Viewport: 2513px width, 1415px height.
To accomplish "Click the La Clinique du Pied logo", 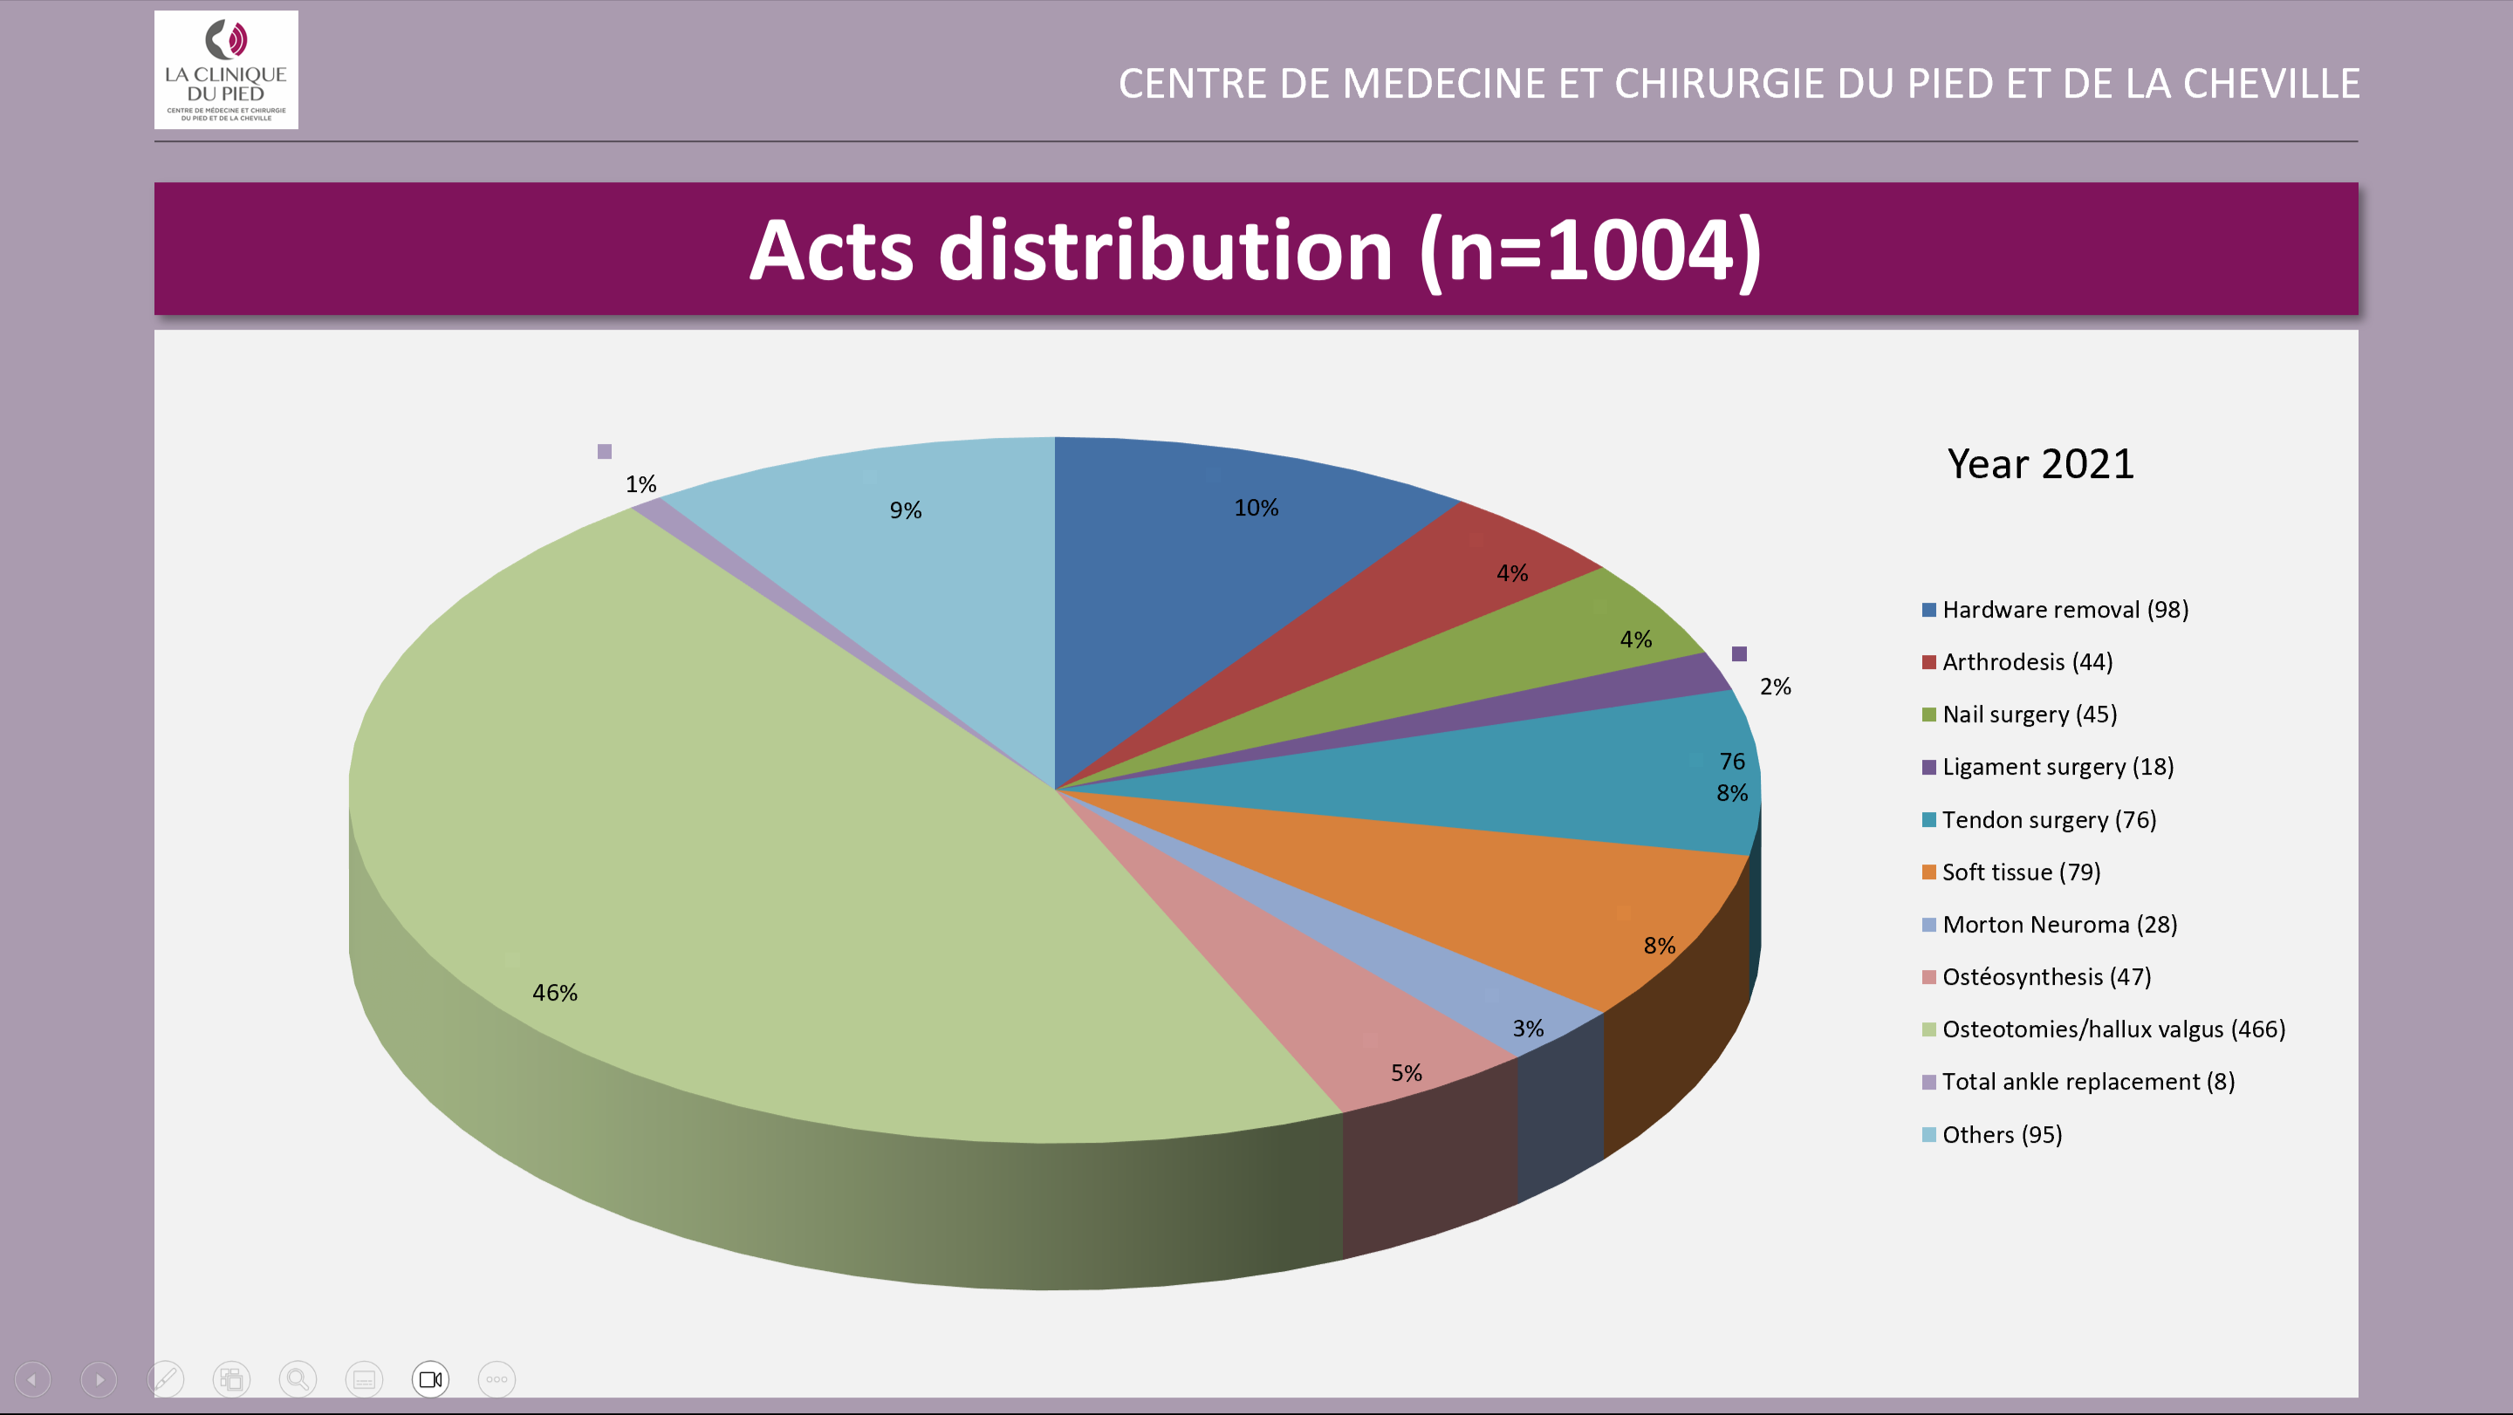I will point(226,70).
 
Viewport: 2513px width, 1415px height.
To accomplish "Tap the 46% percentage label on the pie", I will point(554,993).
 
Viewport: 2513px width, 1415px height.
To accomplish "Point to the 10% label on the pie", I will point(1256,508).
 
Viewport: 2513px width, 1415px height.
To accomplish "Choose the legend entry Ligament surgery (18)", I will point(2057,767).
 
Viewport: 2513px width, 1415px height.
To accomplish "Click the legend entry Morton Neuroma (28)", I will point(2058,925).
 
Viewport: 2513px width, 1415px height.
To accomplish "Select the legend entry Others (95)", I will point(2001,1135).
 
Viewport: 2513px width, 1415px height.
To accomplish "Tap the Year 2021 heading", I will point(2040,464).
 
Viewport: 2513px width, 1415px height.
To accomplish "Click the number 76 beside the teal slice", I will point(1731,762).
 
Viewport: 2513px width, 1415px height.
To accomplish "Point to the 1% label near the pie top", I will point(641,485).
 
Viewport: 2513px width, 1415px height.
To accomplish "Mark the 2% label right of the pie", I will point(1775,687).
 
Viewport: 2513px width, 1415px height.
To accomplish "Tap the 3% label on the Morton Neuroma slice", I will point(1528,1029).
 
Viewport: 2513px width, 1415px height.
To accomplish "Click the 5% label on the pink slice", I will point(1406,1073).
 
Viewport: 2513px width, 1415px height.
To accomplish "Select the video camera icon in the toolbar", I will point(430,1379).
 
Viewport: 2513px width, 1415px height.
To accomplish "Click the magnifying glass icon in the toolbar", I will point(298,1379).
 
